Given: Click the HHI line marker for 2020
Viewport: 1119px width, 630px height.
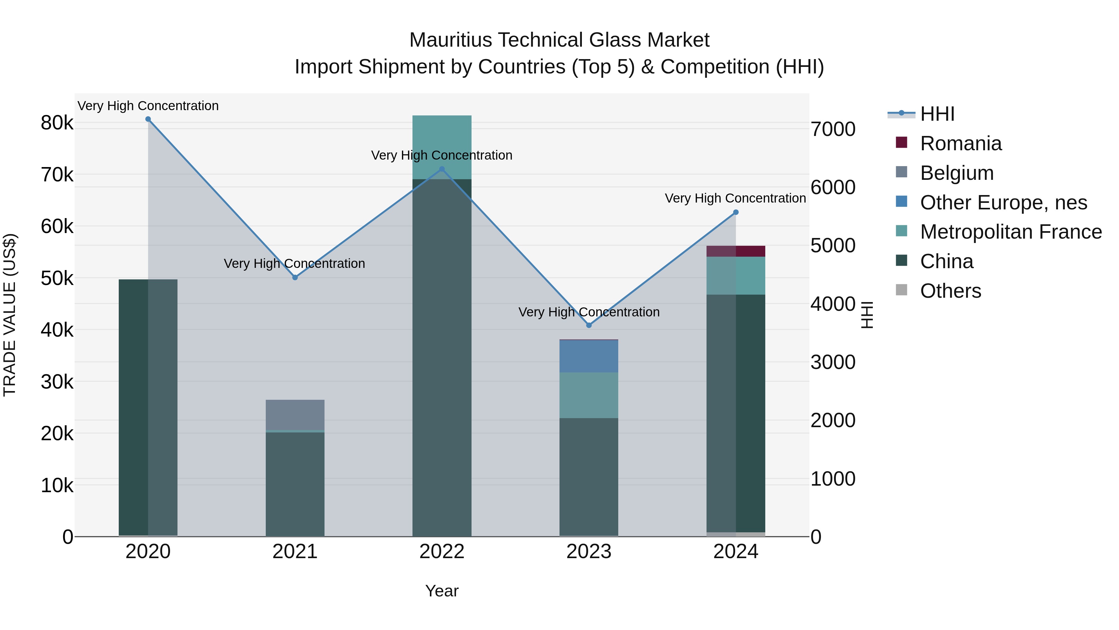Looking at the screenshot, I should (148, 119).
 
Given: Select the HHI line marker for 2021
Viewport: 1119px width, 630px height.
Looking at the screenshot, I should (295, 278).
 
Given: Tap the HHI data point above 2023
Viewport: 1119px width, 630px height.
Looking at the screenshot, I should (589, 325).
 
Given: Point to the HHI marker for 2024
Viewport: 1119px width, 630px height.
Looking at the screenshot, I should (736, 212).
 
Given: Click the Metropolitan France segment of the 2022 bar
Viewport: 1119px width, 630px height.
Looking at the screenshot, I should (442, 147).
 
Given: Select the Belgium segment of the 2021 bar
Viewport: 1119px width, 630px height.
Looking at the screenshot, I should (295, 414).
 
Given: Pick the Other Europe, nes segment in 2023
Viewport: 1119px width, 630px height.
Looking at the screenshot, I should (589, 356).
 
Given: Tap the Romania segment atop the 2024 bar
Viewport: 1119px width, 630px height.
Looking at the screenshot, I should (736, 251).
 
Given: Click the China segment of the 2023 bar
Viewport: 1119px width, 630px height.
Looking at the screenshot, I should (589, 477).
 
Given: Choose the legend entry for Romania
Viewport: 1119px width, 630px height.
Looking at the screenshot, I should (960, 143).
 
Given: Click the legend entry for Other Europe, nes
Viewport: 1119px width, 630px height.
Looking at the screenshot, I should (1003, 203).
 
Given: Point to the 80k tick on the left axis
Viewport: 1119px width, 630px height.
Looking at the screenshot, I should (57, 123).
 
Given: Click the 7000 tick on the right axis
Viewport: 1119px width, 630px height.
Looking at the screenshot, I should (833, 129).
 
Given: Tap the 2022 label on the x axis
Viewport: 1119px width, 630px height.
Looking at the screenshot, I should (442, 552).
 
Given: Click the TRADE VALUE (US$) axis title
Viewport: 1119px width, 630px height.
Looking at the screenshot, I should (10, 315).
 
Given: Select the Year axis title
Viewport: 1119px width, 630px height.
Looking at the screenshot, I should (442, 591).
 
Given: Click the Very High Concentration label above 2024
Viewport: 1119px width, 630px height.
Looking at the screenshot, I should (735, 198).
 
